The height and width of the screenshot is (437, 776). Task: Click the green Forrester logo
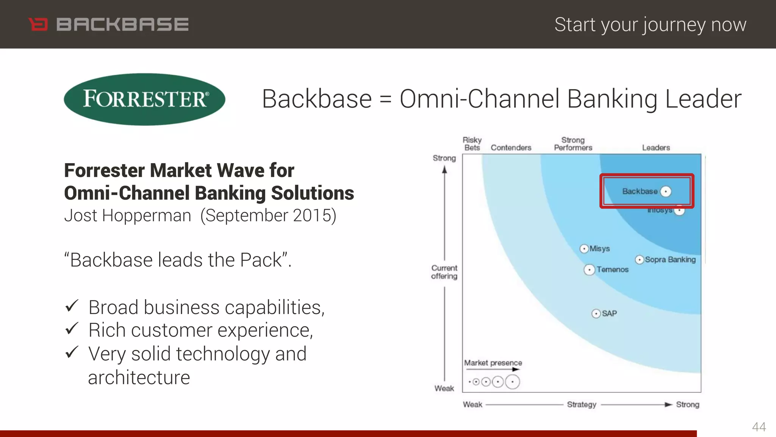pyautogui.click(x=144, y=99)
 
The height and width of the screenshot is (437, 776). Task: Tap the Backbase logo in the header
pyautogui.click(x=109, y=25)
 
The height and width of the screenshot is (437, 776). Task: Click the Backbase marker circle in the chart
pyautogui.click(x=666, y=192)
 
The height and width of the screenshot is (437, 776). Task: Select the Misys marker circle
pyautogui.click(x=584, y=249)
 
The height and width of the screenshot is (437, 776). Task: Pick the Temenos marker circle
pyautogui.click(x=589, y=270)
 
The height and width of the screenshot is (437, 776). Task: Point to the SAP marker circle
pyautogui.click(x=596, y=314)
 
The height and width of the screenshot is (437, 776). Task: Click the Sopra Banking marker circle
pyautogui.click(x=640, y=260)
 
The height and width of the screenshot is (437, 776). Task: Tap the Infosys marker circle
pyautogui.click(x=679, y=210)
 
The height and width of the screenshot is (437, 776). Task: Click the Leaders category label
pyautogui.click(x=656, y=148)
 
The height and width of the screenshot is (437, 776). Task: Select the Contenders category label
pyautogui.click(x=511, y=148)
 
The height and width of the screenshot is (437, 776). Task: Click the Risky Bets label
pyautogui.click(x=472, y=144)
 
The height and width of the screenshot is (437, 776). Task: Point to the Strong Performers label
pyautogui.click(x=573, y=144)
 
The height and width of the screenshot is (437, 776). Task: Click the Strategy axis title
pyautogui.click(x=582, y=405)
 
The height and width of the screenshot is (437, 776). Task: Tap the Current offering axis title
pyautogui.click(x=444, y=272)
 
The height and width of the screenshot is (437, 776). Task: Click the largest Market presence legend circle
pyautogui.click(x=513, y=382)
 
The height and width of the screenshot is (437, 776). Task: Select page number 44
pyautogui.click(x=759, y=427)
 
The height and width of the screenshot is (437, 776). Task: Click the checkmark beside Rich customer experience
pyautogui.click(x=72, y=329)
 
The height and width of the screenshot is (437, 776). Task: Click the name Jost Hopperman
pyautogui.click(x=127, y=216)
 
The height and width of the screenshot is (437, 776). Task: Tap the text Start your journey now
pyautogui.click(x=650, y=25)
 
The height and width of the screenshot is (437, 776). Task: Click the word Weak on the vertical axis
pyautogui.click(x=444, y=388)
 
